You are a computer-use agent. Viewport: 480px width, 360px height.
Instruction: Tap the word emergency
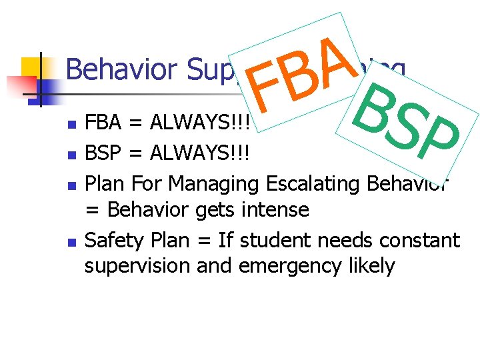click(x=283, y=267)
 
